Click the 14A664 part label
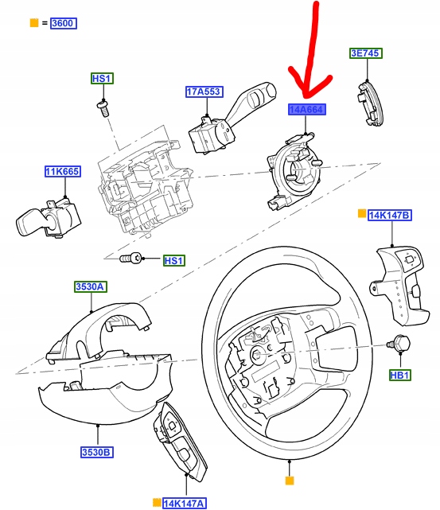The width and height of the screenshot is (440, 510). (x=306, y=110)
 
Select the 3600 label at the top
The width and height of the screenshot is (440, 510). (x=63, y=23)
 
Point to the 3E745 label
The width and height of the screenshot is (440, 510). (x=366, y=53)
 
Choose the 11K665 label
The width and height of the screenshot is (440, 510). (x=62, y=171)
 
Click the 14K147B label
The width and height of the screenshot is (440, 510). (x=389, y=215)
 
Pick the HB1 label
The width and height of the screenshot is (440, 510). (x=399, y=374)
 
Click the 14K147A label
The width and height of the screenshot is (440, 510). (x=184, y=503)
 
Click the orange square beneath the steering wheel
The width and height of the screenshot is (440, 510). (x=290, y=481)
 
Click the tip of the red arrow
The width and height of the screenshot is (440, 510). (x=312, y=94)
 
